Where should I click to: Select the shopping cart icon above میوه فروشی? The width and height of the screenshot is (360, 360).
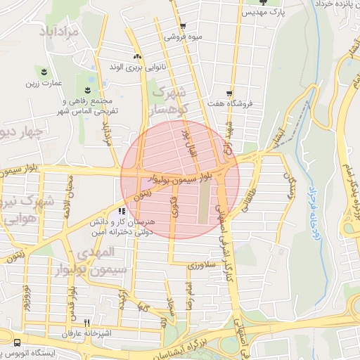(183, 27)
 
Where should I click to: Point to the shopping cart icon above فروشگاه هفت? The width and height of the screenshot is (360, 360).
(229, 93)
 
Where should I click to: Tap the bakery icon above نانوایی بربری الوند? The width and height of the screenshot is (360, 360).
(136, 56)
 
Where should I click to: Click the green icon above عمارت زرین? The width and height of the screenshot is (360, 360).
(45, 72)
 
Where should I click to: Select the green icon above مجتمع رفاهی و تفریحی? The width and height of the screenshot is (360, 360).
(87, 90)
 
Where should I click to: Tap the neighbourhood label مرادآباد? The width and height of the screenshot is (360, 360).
(53, 32)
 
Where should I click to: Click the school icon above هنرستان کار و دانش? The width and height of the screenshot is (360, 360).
(122, 210)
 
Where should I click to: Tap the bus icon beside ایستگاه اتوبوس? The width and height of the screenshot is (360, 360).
(16, 342)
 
